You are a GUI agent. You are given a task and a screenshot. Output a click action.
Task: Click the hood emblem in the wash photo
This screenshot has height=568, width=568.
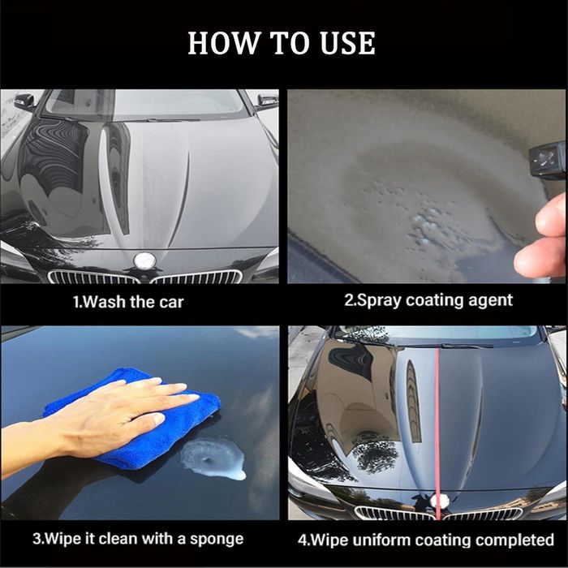[x=144, y=260]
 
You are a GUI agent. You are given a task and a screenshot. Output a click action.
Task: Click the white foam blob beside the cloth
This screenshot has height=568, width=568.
[x=213, y=458]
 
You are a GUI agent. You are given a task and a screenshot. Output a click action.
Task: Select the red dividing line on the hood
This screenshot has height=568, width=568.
[x=437, y=432]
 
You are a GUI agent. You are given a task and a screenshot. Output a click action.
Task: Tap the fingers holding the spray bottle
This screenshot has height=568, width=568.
[x=544, y=235]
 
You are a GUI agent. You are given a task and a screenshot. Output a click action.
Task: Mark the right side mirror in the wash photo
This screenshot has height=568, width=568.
[x=267, y=101]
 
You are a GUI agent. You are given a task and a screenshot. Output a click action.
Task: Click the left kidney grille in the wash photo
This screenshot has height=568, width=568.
[x=93, y=277]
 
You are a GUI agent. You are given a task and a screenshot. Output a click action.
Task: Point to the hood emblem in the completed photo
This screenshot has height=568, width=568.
[x=440, y=501]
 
